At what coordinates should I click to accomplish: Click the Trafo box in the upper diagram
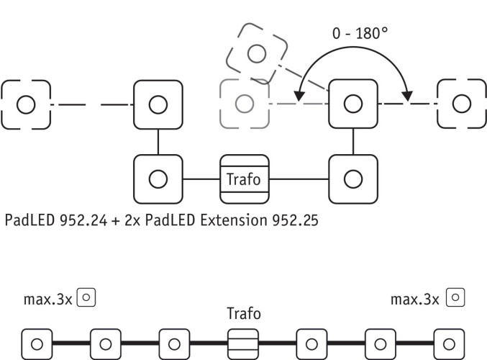tap(244, 178)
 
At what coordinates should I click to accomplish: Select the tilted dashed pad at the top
tap(256, 53)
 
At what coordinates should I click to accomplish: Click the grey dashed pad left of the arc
tap(245, 104)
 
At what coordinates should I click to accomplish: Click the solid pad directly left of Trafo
tap(158, 178)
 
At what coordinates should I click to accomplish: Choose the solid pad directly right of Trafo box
tap(352, 178)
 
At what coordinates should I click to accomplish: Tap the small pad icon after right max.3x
tap(455, 296)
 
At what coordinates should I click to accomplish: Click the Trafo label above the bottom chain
tap(243, 314)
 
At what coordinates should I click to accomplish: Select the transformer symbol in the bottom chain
tap(243, 342)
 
